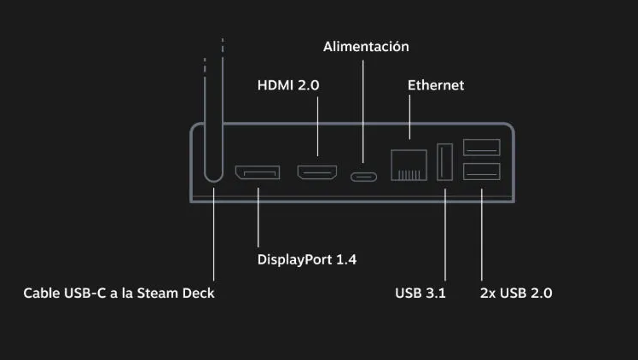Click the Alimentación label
366,46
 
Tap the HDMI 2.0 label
288,85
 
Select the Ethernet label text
436,85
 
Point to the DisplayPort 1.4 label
307,259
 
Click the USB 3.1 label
420,293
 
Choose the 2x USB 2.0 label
516,293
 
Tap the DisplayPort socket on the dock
258,172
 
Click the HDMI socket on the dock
317,172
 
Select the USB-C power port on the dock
363,177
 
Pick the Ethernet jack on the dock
409,165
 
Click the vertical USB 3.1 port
444,161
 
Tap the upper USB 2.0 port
482,148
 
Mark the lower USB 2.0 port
482,171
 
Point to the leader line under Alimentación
363,112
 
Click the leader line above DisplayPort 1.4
258,218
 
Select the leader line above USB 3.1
445,235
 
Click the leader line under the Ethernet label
409,117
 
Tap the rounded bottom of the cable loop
213,179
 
